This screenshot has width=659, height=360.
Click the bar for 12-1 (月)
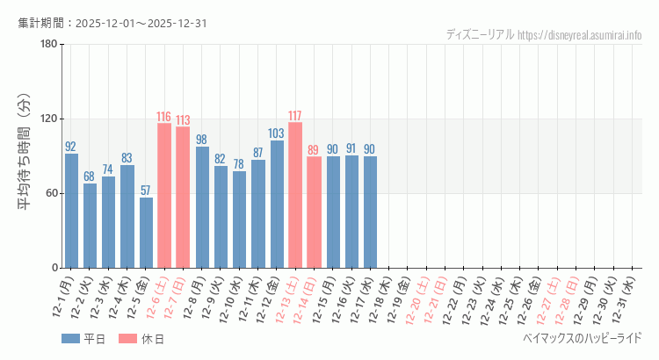(71, 211)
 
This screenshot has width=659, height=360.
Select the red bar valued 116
(164, 196)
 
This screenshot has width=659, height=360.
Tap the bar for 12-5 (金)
(146, 233)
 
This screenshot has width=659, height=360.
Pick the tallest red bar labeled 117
(295, 195)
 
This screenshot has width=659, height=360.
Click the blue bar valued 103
(277, 204)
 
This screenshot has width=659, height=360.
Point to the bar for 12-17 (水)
(370, 212)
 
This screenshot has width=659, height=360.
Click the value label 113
(183, 120)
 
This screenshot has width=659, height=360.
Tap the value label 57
(146, 191)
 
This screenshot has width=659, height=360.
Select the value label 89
(314, 150)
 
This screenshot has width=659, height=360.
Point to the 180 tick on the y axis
(48, 45)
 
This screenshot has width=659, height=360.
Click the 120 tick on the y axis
(48, 119)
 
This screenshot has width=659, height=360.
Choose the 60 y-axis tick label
(51, 193)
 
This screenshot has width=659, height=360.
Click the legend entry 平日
(83, 339)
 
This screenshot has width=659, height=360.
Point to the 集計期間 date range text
(112, 23)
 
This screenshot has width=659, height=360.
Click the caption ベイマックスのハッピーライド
(582, 338)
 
